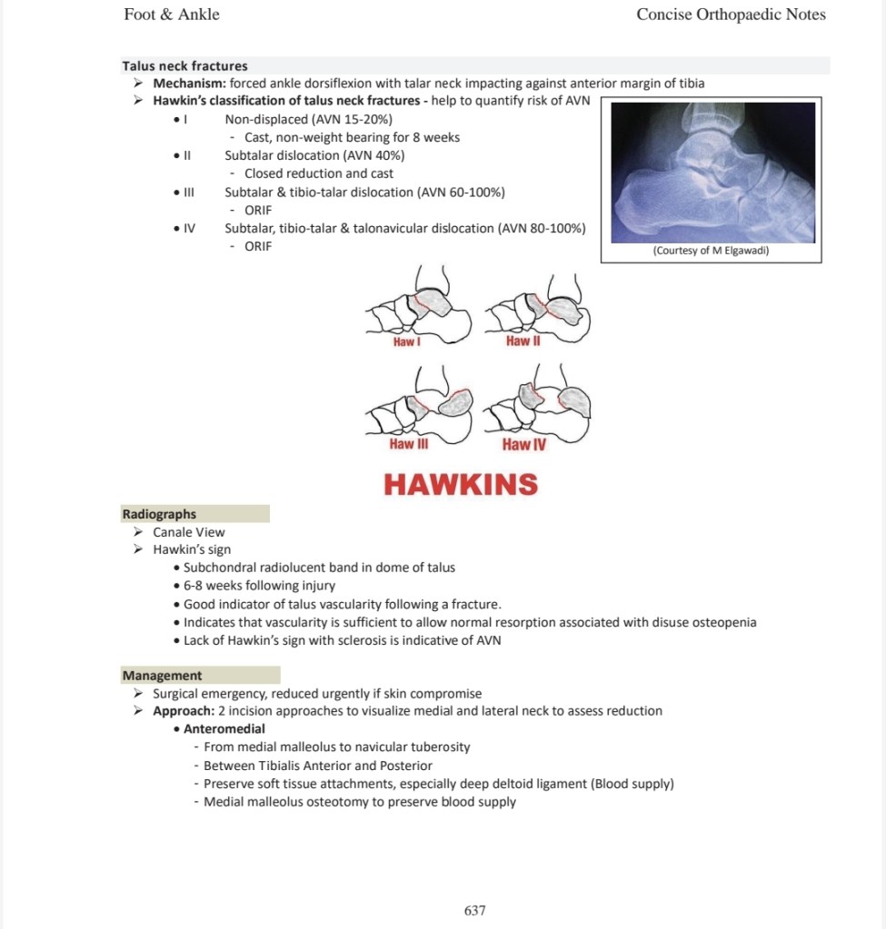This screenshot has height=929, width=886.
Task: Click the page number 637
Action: [x=475, y=910]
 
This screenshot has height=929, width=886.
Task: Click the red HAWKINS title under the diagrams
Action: [x=461, y=484]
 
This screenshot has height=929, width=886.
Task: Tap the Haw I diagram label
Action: [x=406, y=341]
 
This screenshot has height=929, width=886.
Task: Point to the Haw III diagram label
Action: [x=409, y=444]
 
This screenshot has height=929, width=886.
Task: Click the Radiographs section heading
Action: [x=159, y=514]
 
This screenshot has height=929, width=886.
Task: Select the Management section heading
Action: [x=163, y=676]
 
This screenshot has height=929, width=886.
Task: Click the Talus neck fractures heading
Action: [x=185, y=65]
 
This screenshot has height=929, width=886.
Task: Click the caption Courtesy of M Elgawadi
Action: [x=712, y=251]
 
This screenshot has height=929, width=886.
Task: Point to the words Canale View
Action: [x=188, y=532]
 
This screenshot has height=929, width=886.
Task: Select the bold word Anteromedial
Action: [x=224, y=729]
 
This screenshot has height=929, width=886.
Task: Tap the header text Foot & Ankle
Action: [x=172, y=15]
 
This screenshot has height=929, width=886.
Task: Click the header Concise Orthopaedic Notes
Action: [x=731, y=15]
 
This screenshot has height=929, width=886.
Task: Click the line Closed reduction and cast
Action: [x=319, y=173]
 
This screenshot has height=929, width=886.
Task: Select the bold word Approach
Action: [x=184, y=711]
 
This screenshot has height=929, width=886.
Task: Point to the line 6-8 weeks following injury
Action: [x=259, y=586]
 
